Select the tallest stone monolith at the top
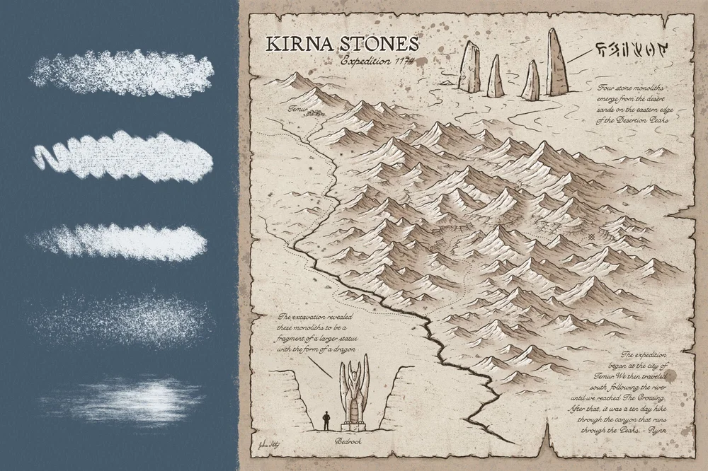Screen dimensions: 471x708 [x=556, y=64]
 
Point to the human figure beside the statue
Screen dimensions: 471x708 [x=326, y=420]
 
